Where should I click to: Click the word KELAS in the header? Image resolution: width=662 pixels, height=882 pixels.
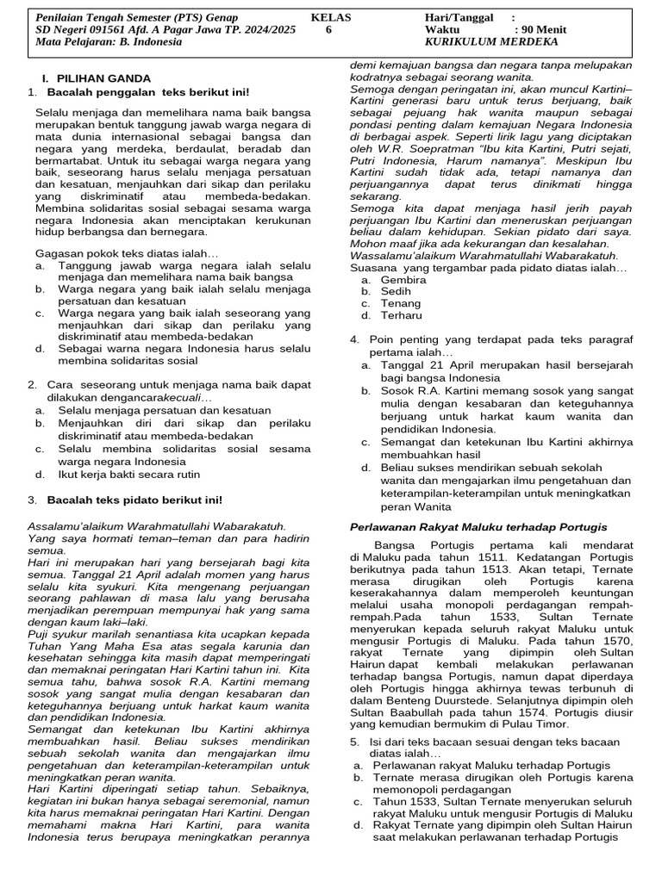coord(331,17)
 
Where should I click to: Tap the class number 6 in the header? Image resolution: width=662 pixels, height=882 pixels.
coord(328,29)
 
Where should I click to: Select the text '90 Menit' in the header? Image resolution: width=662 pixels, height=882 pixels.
coord(542,29)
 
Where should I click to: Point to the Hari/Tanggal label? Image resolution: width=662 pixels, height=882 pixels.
coord(459,17)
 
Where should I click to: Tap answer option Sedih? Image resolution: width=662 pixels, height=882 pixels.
coord(397,292)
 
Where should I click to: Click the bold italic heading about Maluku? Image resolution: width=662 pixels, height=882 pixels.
coord(478,526)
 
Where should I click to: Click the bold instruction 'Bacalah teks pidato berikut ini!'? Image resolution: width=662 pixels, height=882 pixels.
coord(134,500)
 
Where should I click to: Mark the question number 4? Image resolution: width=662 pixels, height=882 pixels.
coord(354,340)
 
